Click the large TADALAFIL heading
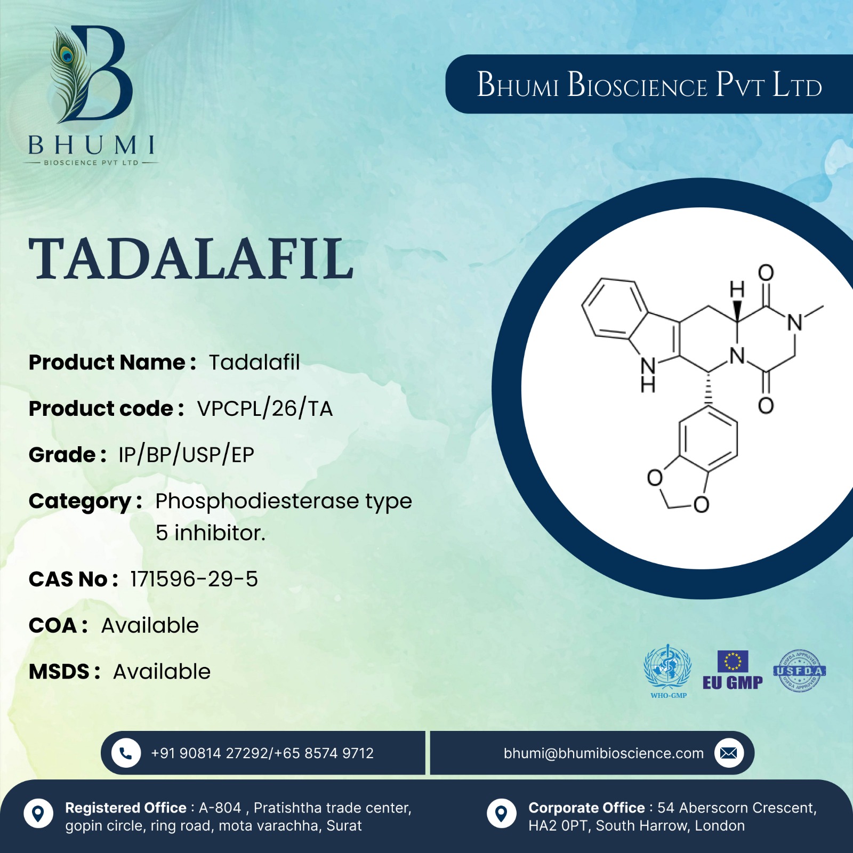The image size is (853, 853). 191,259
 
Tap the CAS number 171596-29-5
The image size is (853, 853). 194,579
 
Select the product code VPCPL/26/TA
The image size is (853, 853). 265,409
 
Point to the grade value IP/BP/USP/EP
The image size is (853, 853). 186,455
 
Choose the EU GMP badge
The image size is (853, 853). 733,671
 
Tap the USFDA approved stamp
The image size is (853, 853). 800,671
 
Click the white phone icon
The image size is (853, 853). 126,753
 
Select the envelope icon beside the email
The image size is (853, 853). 729,753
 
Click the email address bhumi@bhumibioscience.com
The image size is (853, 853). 603,753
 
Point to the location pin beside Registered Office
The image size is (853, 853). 38,814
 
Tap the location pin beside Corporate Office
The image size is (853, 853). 502,814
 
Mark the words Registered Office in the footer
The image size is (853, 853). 126,808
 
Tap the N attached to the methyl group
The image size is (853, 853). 795,323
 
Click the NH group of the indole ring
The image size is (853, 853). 648,374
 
